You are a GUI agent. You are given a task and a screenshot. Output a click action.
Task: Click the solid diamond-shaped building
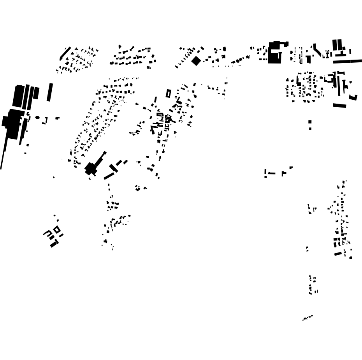[x=196, y=61]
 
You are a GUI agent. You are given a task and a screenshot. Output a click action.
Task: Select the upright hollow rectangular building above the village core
[x=168, y=94]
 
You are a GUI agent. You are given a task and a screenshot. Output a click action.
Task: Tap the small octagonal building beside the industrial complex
[x=37, y=117]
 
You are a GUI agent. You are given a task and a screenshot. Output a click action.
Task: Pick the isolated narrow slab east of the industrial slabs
[x=50, y=92]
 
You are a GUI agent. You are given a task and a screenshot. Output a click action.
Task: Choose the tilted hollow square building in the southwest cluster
[x=57, y=229]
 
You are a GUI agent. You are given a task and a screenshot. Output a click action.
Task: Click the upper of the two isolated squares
[x=310, y=122]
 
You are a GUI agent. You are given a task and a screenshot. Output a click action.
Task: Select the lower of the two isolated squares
[x=310, y=128]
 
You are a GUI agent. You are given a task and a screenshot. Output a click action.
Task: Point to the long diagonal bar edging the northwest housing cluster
[x=65, y=53]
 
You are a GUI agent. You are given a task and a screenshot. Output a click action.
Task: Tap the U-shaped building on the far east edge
[x=353, y=97]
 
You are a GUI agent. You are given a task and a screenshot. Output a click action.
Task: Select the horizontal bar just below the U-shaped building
[x=339, y=105]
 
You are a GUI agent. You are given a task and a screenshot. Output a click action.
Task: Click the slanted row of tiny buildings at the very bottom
[x=308, y=318]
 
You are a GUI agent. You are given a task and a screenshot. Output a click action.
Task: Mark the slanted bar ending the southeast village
[x=338, y=254]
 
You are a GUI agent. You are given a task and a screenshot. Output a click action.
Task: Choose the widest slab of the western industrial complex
[x=18, y=96]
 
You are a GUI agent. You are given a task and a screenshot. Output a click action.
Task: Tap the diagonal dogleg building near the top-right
[x=317, y=50]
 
